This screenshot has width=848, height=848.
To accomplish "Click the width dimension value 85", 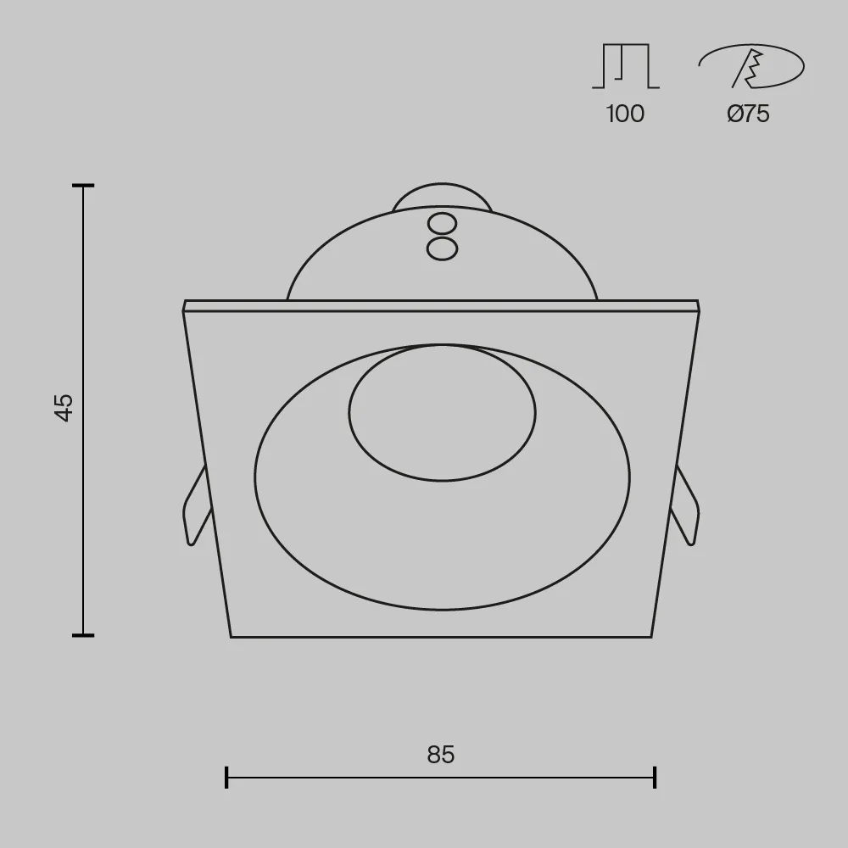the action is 441,755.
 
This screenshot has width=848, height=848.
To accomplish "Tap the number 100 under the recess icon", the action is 625,114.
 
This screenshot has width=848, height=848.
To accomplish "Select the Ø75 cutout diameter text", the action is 749,114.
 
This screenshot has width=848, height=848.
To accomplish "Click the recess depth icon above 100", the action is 626,66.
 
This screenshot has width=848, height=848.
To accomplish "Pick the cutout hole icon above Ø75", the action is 751,66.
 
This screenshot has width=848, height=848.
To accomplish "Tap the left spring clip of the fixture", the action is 197,505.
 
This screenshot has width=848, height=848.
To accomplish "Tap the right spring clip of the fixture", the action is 685,505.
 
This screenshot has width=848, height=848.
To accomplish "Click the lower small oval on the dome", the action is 443,248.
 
